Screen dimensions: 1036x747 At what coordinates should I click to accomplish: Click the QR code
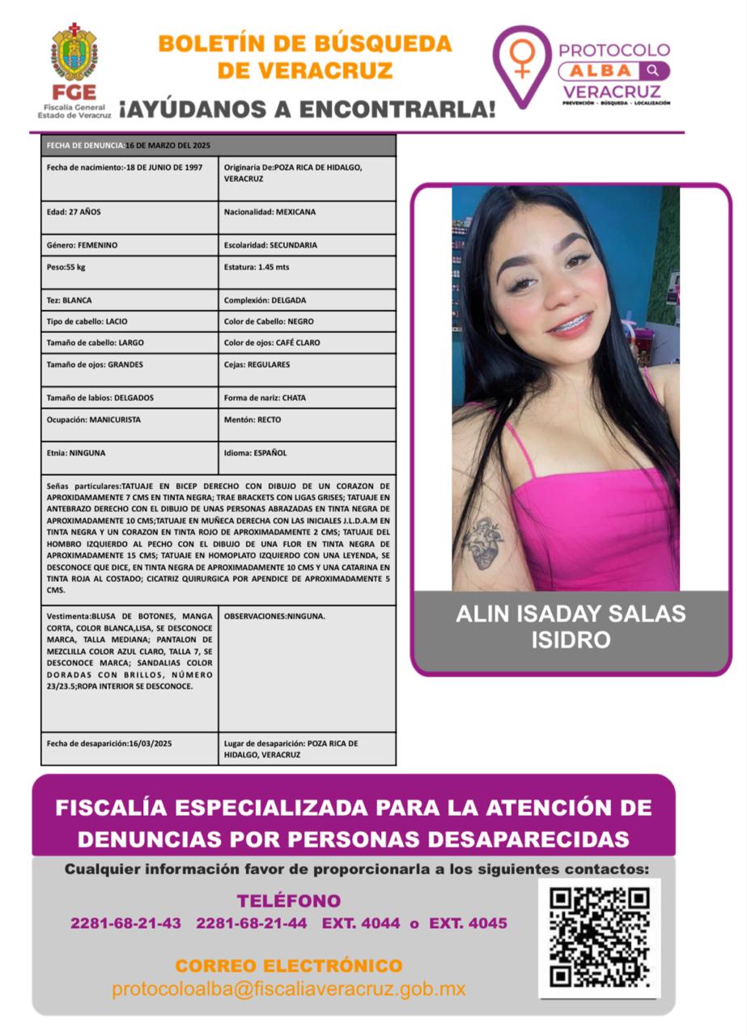pyautogui.click(x=599, y=937)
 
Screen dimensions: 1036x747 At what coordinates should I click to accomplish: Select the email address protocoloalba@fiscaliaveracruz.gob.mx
pyautogui.click(x=288, y=989)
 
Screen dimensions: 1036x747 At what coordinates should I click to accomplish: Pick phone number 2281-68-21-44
pyautogui.click(x=252, y=923)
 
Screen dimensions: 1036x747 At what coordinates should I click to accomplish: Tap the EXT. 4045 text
pyautogui.click(x=468, y=923)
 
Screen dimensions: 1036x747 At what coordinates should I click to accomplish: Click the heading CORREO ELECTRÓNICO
pyautogui.click(x=288, y=966)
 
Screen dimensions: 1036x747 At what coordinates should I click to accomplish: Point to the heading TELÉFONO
pyautogui.click(x=288, y=901)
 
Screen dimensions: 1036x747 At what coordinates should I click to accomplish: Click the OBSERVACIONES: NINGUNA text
pyautogui.click(x=274, y=616)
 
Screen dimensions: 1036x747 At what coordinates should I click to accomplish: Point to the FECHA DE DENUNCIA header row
pyautogui.click(x=218, y=145)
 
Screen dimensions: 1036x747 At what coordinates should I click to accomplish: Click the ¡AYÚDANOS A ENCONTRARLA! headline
pyautogui.click(x=307, y=108)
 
